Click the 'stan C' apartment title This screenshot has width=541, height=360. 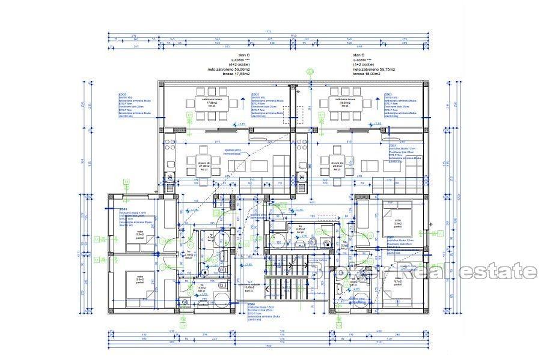coord(237,55)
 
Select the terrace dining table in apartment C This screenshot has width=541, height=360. coord(212,103)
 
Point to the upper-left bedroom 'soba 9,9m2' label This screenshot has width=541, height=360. coord(140,234)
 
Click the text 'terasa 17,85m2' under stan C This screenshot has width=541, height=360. coord(237,74)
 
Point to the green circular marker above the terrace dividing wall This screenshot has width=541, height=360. coord(310,72)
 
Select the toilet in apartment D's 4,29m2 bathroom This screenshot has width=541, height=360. coord(313,242)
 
